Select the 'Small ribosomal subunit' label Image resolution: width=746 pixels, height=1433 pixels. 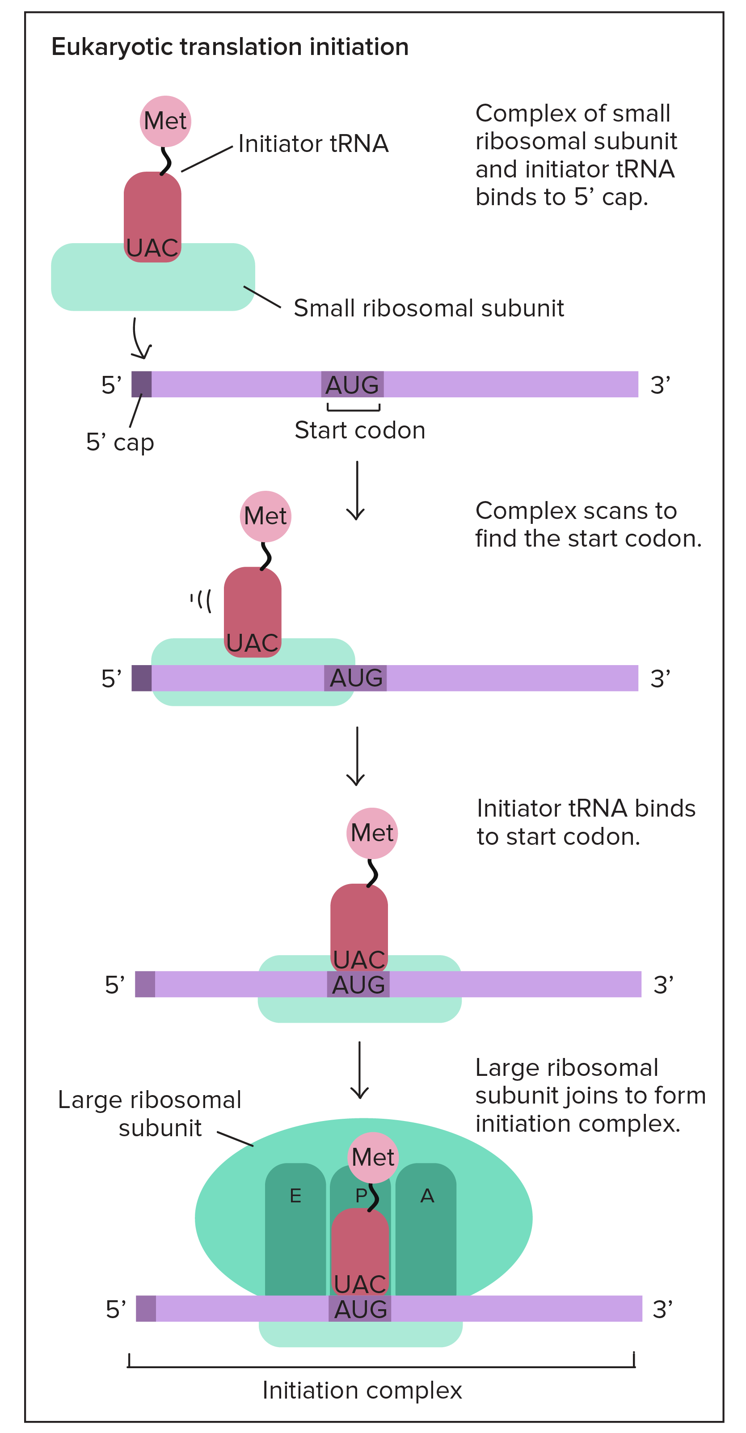pos(428,308)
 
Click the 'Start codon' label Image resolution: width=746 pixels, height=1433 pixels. pos(359,430)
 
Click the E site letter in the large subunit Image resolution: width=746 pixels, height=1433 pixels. pos(295,1196)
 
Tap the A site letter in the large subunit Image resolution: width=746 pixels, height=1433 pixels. pos(427,1196)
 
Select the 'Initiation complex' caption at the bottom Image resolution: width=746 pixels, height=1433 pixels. pos(362,1391)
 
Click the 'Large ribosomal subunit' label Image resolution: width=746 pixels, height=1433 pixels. pos(150,1114)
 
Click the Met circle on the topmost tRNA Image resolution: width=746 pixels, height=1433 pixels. pos(165,121)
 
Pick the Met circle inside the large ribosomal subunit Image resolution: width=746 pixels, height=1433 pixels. pos(373,1158)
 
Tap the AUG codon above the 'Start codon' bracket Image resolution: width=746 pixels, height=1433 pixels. pos(352,384)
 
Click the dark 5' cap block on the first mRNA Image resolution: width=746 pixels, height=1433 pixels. pos(141,384)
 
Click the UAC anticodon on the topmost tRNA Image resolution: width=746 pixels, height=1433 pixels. pos(152,248)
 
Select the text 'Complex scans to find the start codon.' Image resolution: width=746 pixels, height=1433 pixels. pos(588,525)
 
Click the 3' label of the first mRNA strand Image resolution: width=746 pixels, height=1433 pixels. pos(660,385)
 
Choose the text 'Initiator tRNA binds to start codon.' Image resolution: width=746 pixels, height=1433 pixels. pos(586,822)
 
